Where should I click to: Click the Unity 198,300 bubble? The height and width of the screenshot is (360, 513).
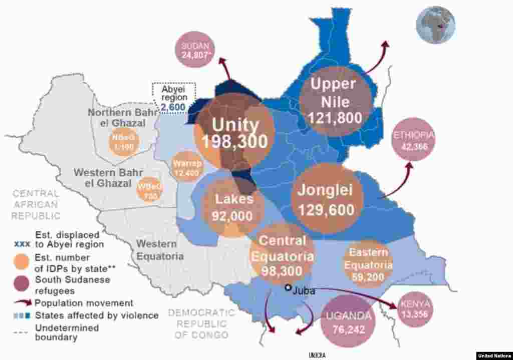click(x=234, y=133)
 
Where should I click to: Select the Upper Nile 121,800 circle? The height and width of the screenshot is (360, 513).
click(x=335, y=101)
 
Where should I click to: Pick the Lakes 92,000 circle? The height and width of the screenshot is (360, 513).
click(x=234, y=206)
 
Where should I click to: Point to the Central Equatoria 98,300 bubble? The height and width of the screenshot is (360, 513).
click(x=282, y=256)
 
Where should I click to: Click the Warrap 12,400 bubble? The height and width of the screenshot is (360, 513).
click(x=187, y=167)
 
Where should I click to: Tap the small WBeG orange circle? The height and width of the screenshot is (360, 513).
click(x=150, y=190)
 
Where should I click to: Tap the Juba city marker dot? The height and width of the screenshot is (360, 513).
click(x=288, y=288)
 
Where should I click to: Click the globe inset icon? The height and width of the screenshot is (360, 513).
click(x=435, y=25)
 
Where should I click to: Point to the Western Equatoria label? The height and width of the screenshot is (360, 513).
click(x=157, y=250)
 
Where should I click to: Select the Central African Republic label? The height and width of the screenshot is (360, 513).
click(x=36, y=204)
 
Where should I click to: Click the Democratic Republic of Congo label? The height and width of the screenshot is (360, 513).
click(x=201, y=323)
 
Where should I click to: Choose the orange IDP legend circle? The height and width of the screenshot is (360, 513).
click(x=22, y=262)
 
